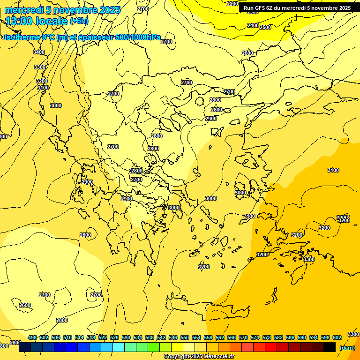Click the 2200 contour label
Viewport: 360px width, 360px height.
[x=232, y=4]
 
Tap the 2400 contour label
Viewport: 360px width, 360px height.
[x=253, y=25]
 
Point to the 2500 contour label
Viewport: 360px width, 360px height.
[x=265, y=27]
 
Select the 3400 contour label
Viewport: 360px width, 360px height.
[x=39, y=52]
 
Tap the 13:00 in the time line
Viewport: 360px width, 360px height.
[x=18, y=21]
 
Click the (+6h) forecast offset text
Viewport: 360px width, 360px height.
[x=79, y=21]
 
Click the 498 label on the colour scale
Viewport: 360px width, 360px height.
[x=32, y=337]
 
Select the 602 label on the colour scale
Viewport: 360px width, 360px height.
[x=337, y=337]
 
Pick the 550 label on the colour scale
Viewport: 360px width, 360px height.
[x=185, y=337]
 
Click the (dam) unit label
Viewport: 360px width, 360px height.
[x=347, y=348]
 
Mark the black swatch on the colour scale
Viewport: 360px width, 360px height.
[x=330, y=347]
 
